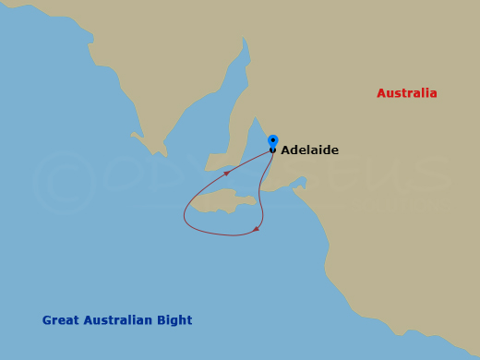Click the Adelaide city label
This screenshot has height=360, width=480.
tap(309, 150)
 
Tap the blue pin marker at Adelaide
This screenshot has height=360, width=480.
tap(272, 141)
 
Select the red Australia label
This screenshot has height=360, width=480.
tap(406, 93)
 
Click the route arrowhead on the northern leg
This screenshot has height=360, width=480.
tap(226, 173)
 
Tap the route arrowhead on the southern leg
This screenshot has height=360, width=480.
tap(256, 229)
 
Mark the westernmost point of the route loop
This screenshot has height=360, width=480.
tap(185, 218)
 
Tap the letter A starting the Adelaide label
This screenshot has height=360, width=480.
tap(285, 150)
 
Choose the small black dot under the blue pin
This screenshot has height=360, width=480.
tap(272, 150)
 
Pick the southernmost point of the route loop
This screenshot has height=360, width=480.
tap(231, 235)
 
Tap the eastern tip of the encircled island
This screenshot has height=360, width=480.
tap(256, 199)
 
